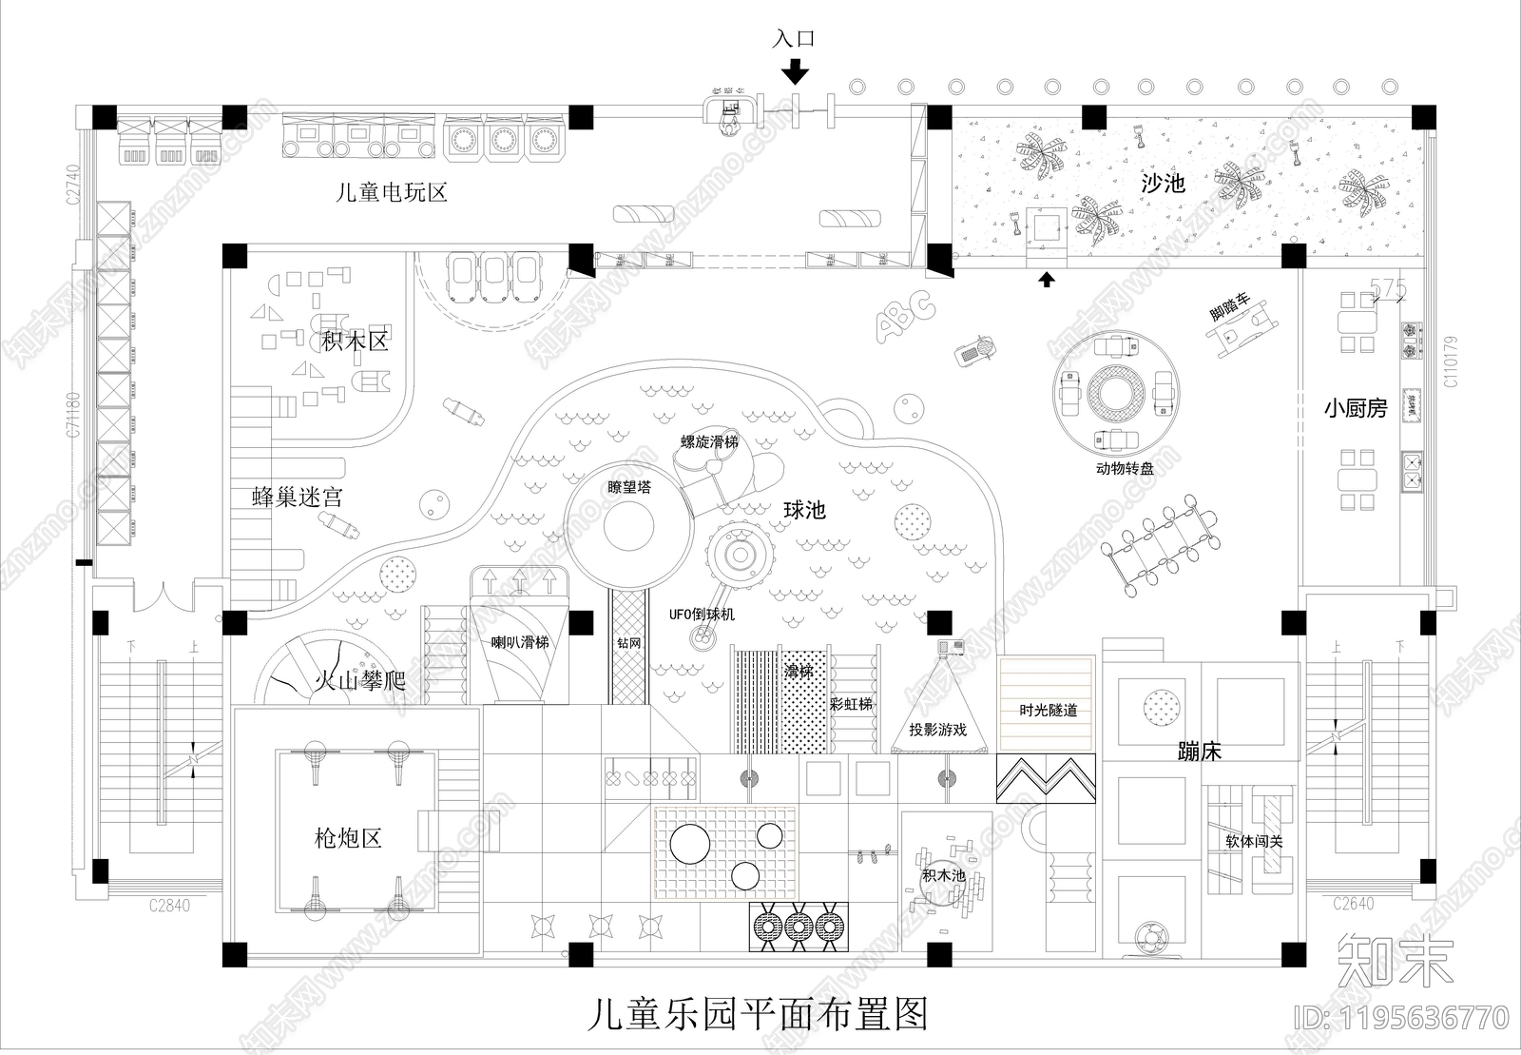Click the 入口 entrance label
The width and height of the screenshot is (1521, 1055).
click(794, 39)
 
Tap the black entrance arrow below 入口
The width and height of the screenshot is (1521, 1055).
click(795, 71)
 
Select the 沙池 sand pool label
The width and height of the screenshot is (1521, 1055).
click(1163, 183)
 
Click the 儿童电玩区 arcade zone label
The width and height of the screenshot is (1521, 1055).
click(392, 193)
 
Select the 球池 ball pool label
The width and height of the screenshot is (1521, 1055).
click(804, 510)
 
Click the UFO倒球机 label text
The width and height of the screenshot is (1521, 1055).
click(702, 615)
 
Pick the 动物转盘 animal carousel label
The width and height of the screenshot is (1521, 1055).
click(1124, 469)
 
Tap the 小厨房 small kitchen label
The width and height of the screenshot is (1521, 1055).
click(1356, 409)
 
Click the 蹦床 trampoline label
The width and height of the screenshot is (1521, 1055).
click(1199, 752)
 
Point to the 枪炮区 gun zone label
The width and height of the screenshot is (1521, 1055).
click(347, 838)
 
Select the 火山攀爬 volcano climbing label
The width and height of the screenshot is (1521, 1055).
click(359, 681)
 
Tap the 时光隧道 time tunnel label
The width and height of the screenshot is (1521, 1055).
click(1048, 711)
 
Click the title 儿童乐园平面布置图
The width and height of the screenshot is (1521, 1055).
click(757, 1015)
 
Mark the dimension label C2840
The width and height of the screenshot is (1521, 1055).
click(168, 905)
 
